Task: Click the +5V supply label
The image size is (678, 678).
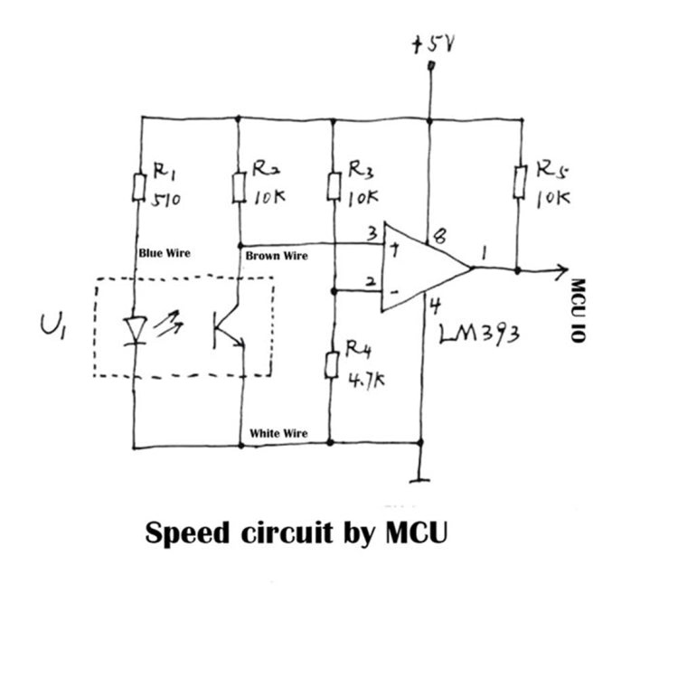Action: point(434,44)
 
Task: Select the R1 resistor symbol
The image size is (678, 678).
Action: point(139,187)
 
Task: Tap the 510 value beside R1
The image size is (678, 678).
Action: point(166,200)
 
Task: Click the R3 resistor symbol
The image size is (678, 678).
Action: point(334,186)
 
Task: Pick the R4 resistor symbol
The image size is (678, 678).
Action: point(332,365)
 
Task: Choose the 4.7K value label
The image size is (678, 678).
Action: point(366,380)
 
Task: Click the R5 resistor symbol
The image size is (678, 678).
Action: point(520,182)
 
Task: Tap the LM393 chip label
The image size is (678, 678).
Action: point(479,334)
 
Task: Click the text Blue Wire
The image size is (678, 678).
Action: point(165,253)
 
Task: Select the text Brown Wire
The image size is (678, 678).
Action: point(277,256)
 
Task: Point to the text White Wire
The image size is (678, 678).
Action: point(278,433)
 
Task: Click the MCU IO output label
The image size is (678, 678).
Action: point(579,310)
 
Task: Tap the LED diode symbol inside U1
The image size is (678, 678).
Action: point(136,331)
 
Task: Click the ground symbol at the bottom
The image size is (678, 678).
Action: point(419,479)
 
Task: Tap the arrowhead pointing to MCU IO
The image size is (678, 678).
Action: point(562,270)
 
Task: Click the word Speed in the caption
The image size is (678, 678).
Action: point(188,533)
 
